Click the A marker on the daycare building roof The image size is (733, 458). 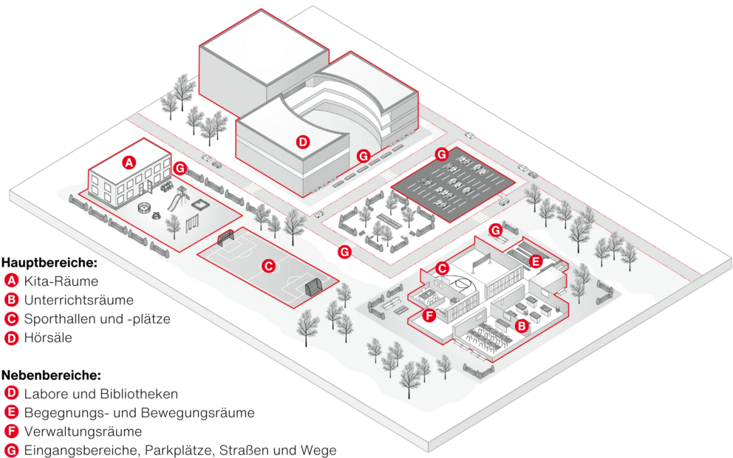(129, 161)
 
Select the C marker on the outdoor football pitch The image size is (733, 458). (269, 264)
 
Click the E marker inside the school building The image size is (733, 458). (536, 261)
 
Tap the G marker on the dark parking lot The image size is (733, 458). (441, 154)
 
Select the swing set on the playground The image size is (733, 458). (194, 220)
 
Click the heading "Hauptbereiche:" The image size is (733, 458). (49, 262)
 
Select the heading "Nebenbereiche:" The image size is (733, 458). (50, 375)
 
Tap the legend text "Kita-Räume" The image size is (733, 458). (61, 281)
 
